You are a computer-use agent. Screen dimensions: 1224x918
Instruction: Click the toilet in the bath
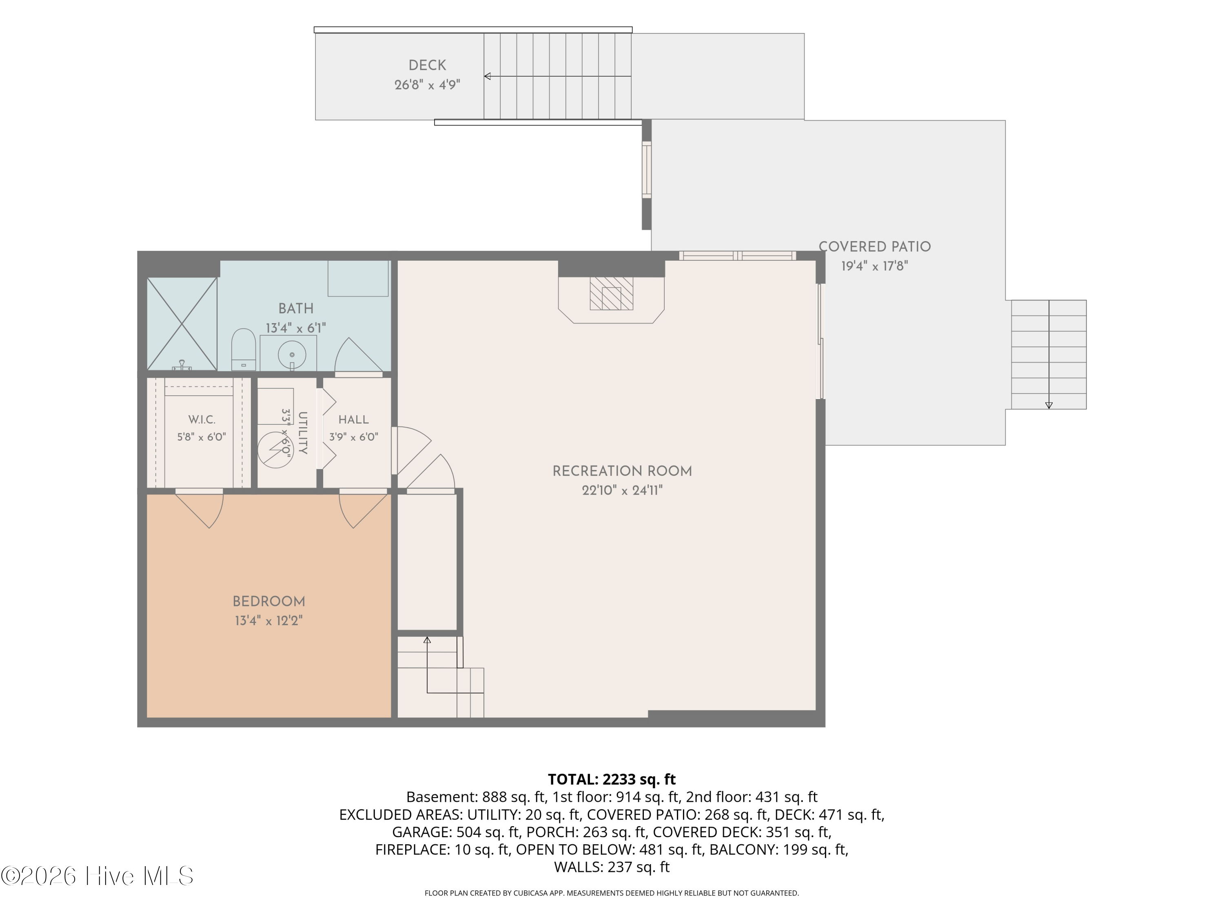pos(243,349)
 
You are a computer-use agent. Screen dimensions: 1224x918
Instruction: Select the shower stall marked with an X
pos(182,324)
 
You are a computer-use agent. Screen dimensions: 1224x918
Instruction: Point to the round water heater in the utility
pos(275,449)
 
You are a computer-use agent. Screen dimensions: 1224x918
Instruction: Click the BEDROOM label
pos(269,601)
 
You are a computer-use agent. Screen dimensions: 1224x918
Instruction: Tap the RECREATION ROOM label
pos(623,472)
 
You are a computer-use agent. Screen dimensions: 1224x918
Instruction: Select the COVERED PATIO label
pos(875,247)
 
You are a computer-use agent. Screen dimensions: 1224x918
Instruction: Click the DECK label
pos(427,65)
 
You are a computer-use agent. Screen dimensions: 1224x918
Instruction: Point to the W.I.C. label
pos(202,420)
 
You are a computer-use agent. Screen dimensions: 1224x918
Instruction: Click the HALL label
pos(354,420)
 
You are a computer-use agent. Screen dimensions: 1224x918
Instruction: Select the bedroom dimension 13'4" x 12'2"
pos(269,621)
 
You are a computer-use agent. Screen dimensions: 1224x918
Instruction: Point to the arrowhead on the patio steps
pos(1049,406)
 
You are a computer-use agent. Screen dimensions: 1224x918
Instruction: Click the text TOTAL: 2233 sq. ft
pos(612,779)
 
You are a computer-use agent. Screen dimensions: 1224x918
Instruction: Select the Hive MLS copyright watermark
pos(98,876)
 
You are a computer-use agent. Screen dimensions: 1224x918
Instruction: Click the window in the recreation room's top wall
pos(738,256)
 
